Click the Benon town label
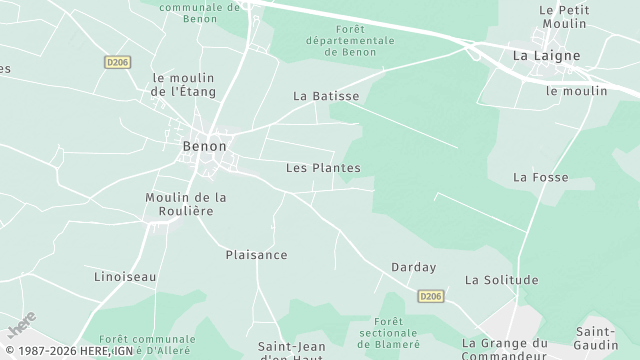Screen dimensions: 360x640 point(204,146)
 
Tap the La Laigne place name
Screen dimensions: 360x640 point(546,56)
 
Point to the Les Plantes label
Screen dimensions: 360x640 point(323,168)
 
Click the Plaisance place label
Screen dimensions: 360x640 point(256,255)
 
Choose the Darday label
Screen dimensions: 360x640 point(414,267)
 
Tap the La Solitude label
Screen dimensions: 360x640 point(502,280)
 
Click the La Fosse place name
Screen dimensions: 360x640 point(540,177)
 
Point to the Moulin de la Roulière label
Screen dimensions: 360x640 point(186,204)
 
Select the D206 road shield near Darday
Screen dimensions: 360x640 point(430,296)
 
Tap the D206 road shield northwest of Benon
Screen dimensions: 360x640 point(117,62)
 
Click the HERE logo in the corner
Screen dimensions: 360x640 point(21,325)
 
